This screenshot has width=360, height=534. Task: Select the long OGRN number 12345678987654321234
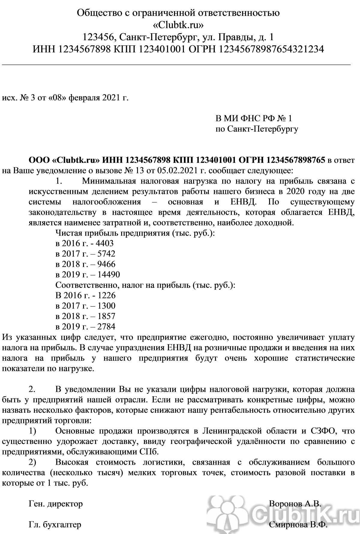[x=272, y=49]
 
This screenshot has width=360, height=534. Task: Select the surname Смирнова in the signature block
[x=287, y=525]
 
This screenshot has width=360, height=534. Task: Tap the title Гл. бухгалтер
[x=55, y=525]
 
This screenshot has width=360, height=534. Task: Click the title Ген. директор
[x=56, y=503]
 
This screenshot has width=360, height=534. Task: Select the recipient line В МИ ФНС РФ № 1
[x=253, y=119]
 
